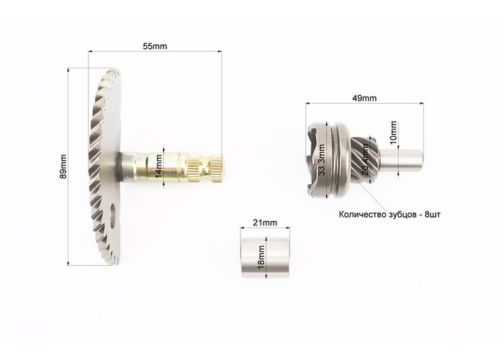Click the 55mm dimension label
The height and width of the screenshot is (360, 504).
click(155, 46)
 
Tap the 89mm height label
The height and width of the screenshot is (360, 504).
click(63, 166)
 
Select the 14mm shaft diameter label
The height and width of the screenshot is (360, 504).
click(159, 166)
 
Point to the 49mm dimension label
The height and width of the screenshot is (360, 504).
click(364, 98)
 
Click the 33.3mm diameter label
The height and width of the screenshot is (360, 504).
click(321, 160)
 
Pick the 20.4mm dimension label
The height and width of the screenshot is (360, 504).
click(366, 159)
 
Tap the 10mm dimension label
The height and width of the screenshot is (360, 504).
click(393, 132)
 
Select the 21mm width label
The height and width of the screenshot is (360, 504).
click(265, 222)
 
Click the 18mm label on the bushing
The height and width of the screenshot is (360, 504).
click(261, 257)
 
